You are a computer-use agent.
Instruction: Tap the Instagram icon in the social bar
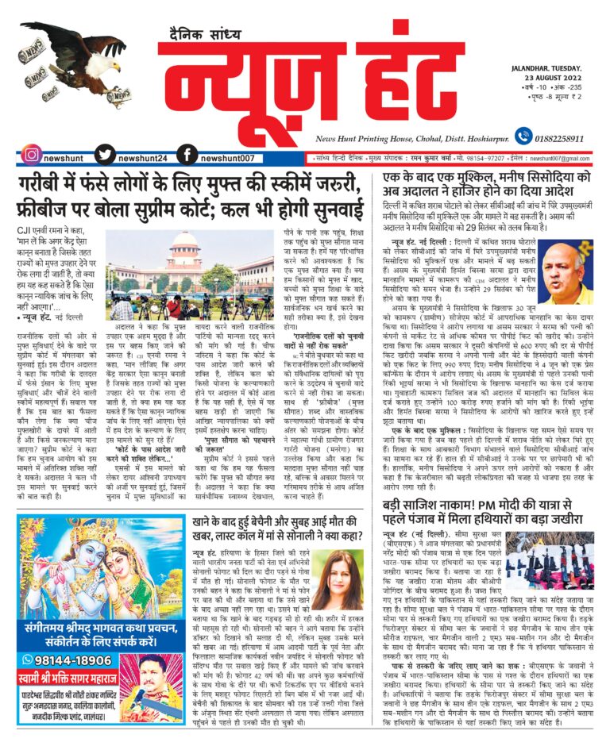pos(31,156)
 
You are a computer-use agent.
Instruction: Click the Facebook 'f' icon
pos(187,156)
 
